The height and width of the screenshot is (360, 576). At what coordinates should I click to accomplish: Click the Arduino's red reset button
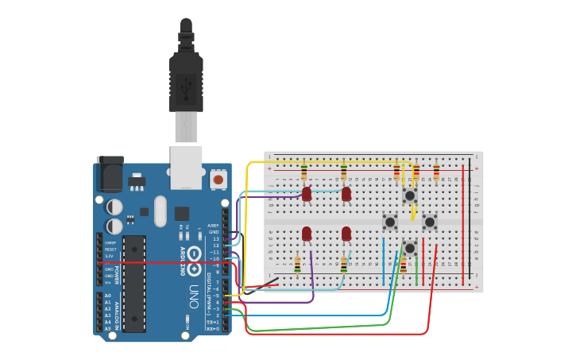point(218,180)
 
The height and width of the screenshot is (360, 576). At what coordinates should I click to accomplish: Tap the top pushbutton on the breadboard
point(409,195)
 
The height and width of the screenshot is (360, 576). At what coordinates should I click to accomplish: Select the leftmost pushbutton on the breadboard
point(389,222)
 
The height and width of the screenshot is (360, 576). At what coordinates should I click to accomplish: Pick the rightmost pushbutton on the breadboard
point(429,222)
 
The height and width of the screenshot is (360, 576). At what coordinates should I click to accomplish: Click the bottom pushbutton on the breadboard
point(409,248)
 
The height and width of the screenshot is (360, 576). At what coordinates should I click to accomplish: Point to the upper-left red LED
point(307,193)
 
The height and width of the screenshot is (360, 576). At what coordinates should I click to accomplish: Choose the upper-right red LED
point(346,193)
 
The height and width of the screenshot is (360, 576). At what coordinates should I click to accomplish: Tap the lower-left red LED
point(307,233)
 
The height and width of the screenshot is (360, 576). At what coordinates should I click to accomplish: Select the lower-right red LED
point(346,233)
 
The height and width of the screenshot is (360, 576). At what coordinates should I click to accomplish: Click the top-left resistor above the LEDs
point(304,172)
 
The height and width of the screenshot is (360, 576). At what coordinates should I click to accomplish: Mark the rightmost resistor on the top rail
point(436,172)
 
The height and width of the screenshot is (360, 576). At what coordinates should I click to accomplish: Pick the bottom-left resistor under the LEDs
point(298,265)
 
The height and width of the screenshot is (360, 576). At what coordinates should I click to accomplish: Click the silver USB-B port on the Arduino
point(186,167)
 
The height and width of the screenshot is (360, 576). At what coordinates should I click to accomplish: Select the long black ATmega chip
point(134,283)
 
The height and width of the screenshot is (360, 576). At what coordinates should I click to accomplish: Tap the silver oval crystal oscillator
point(160,211)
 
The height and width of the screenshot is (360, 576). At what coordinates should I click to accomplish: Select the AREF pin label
point(213,226)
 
